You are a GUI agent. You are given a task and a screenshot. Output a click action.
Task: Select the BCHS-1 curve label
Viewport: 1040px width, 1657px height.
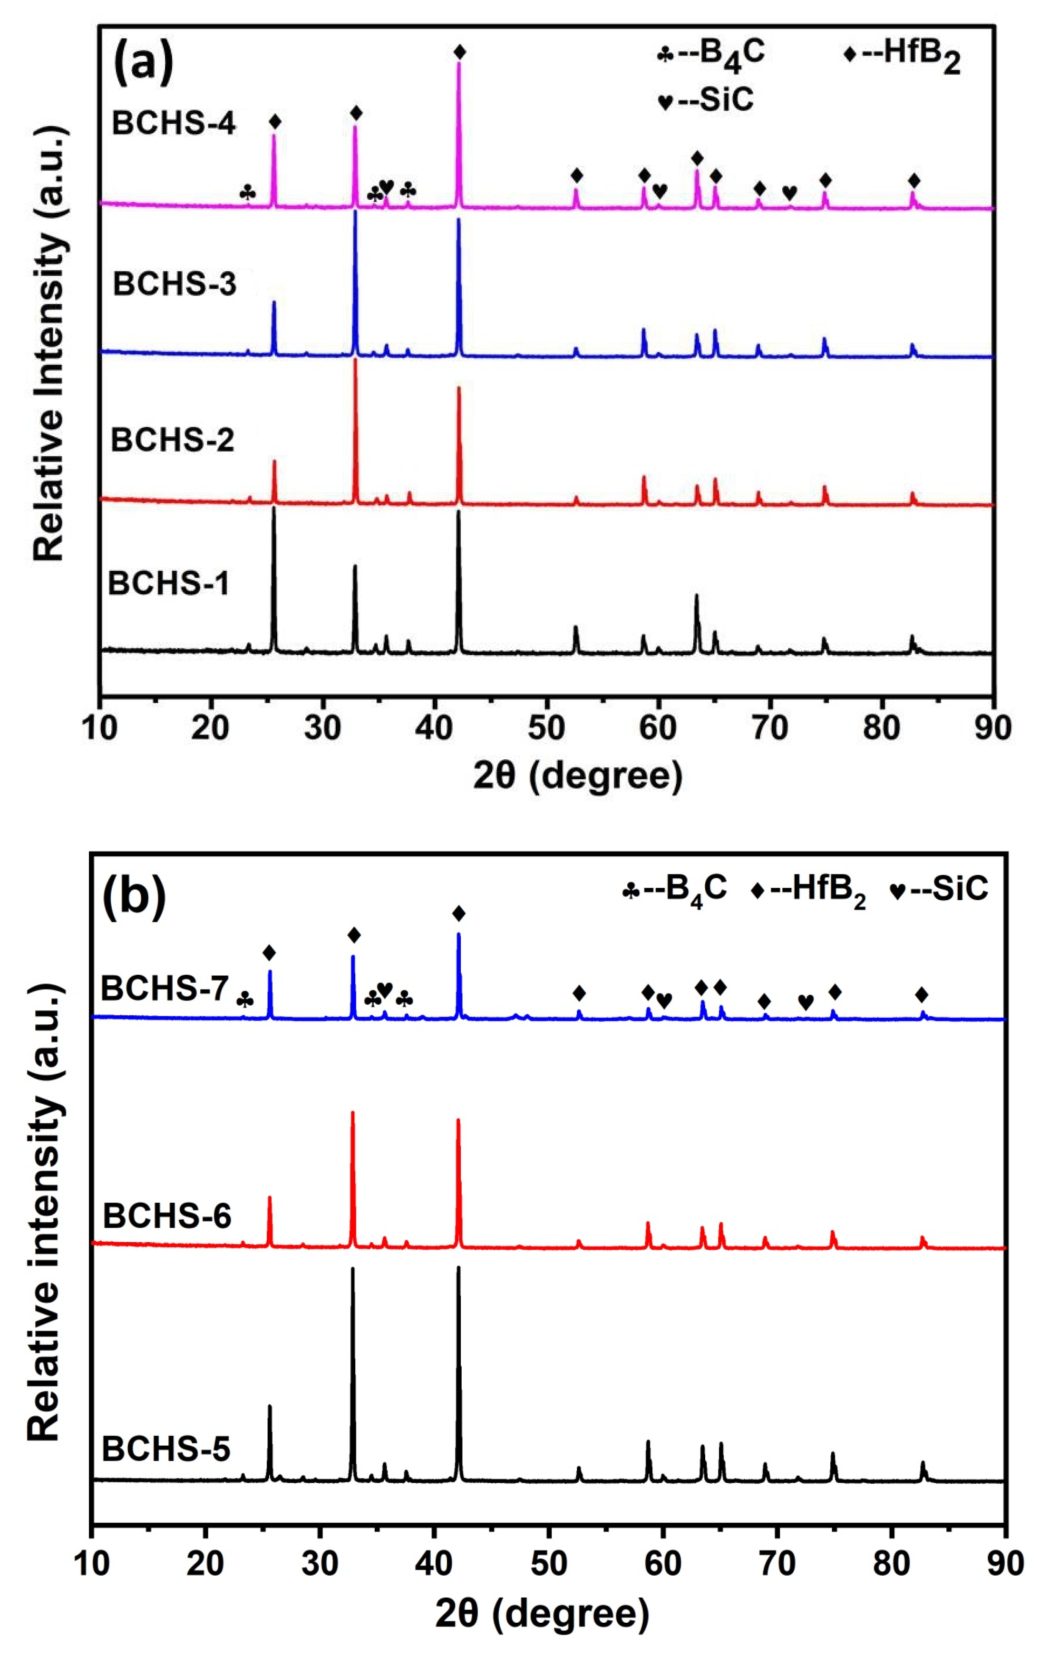pos(168,584)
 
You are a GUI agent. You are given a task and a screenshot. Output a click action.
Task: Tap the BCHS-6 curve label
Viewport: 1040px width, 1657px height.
pos(167,1216)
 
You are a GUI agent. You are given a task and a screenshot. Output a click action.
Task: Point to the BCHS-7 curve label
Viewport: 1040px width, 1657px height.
pos(165,990)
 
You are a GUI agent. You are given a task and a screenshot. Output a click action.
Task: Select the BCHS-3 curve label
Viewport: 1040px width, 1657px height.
pos(174,284)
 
